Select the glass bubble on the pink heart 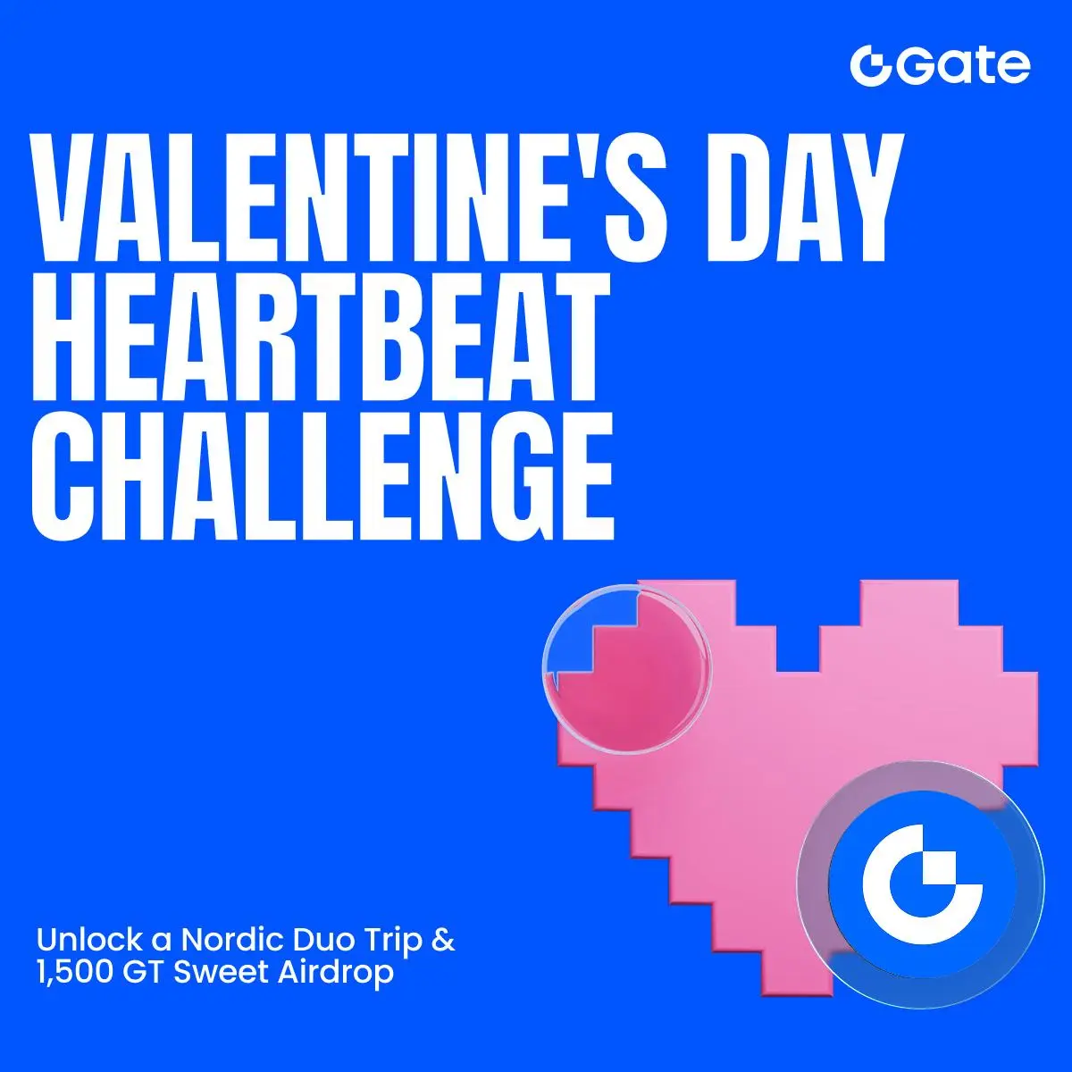tap(626, 669)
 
